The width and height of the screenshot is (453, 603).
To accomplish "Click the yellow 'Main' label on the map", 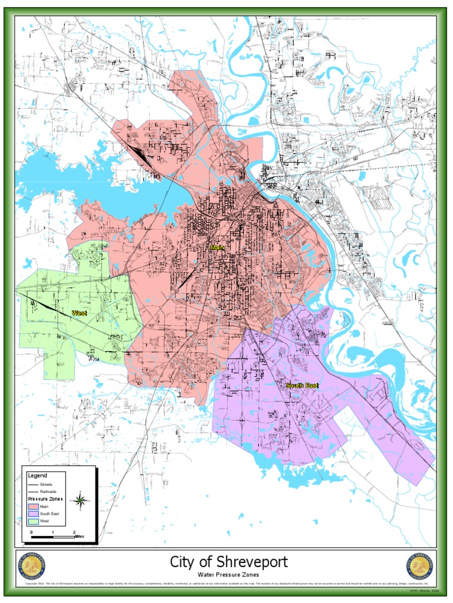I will pyautogui.click(x=217, y=248).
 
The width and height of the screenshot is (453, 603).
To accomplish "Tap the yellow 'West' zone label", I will pyautogui.click(x=79, y=313).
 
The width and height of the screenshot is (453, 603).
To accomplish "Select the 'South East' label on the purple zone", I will pyautogui.click(x=302, y=386).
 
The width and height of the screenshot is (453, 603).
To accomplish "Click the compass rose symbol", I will pyautogui.click(x=80, y=501).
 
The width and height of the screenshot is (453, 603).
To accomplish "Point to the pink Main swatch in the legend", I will pyautogui.click(x=33, y=506).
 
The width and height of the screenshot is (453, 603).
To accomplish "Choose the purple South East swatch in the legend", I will pyautogui.click(x=33, y=513).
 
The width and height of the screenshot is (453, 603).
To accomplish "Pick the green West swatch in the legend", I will pyautogui.click(x=33, y=521).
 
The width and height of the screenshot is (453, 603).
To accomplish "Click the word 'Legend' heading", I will pyautogui.click(x=37, y=475).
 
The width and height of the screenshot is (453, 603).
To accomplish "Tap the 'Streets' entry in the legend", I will pyautogui.click(x=46, y=484).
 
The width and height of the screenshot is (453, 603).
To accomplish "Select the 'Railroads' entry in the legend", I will pyautogui.click(x=48, y=491).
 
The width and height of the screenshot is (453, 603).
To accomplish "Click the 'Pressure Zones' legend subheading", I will pyautogui.click(x=45, y=498).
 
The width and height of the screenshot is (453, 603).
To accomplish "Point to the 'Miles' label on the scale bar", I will pyautogui.click(x=79, y=536).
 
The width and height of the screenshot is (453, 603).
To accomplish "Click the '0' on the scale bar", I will pyautogui.click(x=31, y=531).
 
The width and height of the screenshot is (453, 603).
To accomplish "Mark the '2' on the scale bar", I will pyautogui.click(x=74, y=531).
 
